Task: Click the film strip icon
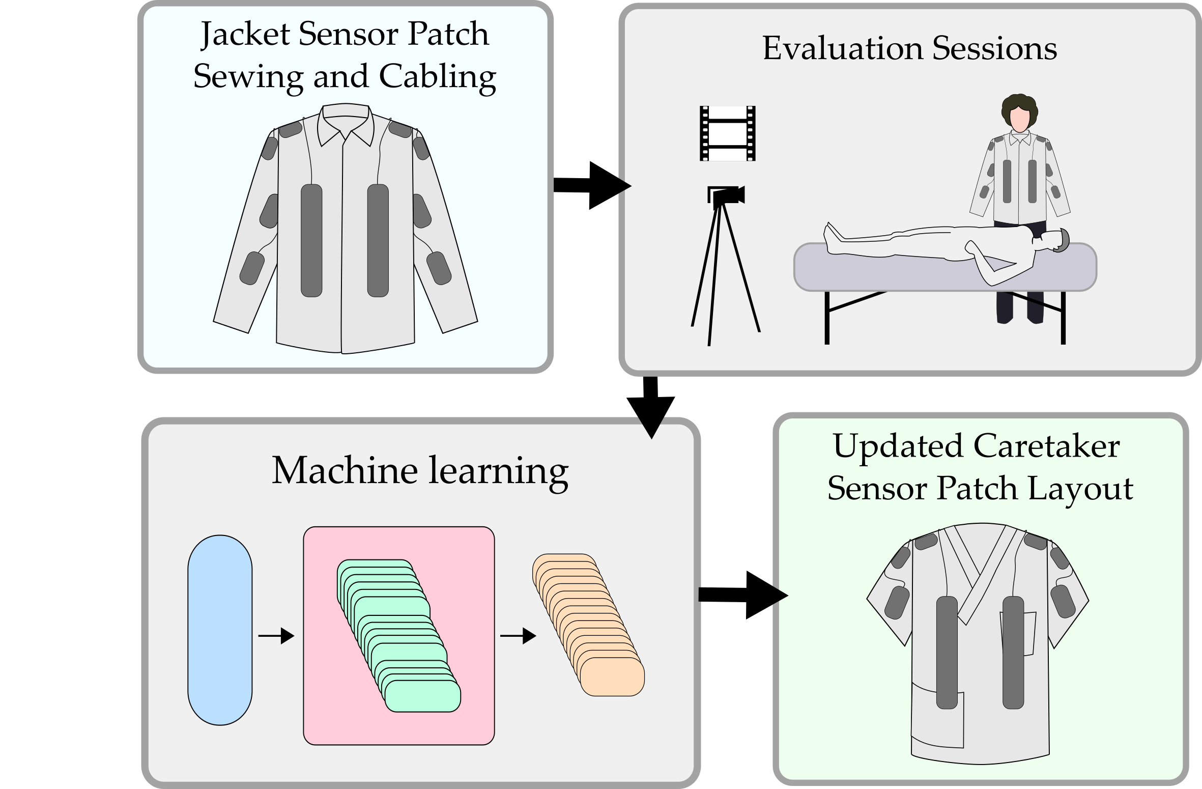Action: pyautogui.click(x=727, y=133)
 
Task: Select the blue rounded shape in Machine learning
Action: pyautogui.click(x=220, y=630)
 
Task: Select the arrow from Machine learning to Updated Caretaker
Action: pyautogui.click(x=742, y=595)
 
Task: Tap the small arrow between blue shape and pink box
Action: pyautogui.click(x=276, y=636)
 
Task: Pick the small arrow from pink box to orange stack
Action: pyautogui.click(x=518, y=636)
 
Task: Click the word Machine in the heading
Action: pyautogui.click(x=345, y=470)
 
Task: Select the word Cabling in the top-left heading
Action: pyautogui.click(x=437, y=77)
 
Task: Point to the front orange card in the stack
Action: pyautogui.click(x=612, y=677)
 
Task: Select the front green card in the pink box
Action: pyautogui.click(x=422, y=696)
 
